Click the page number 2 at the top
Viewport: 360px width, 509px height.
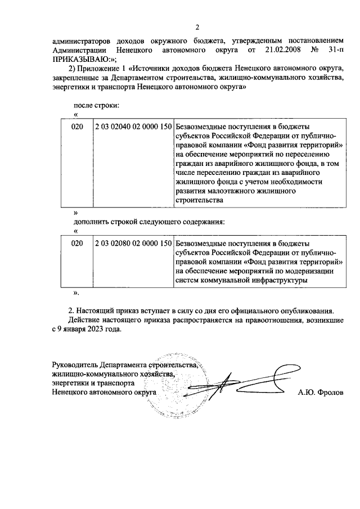(x=197, y=28)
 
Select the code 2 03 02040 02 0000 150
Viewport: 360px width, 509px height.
(x=133, y=127)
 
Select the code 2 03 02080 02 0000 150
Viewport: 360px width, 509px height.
(x=133, y=244)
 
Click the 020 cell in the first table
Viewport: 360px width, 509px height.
(x=77, y=127)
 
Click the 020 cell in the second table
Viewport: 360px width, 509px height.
(x=77, y=244)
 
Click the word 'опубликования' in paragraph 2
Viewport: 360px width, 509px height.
(x=308, y=310)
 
